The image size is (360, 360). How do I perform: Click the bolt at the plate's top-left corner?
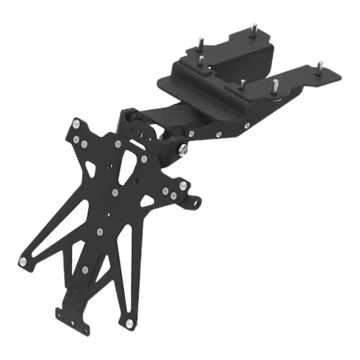[76, 124]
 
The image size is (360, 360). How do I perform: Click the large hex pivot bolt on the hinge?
[181, 148]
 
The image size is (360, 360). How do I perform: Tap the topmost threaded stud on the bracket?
[254, 28]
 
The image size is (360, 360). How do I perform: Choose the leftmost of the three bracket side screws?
[190, 134]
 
